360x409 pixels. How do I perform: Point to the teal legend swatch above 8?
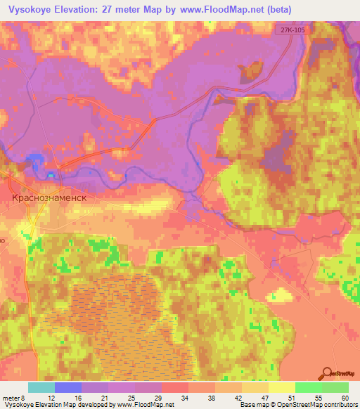pos(41,387)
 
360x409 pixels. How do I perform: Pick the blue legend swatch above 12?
pos(67,387)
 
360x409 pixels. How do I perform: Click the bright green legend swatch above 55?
pos(308,387)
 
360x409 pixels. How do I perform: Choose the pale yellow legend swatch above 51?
pos(281,387)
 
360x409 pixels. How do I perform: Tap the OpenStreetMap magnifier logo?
pos(328,373)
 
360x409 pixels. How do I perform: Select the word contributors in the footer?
pos(337,405)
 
